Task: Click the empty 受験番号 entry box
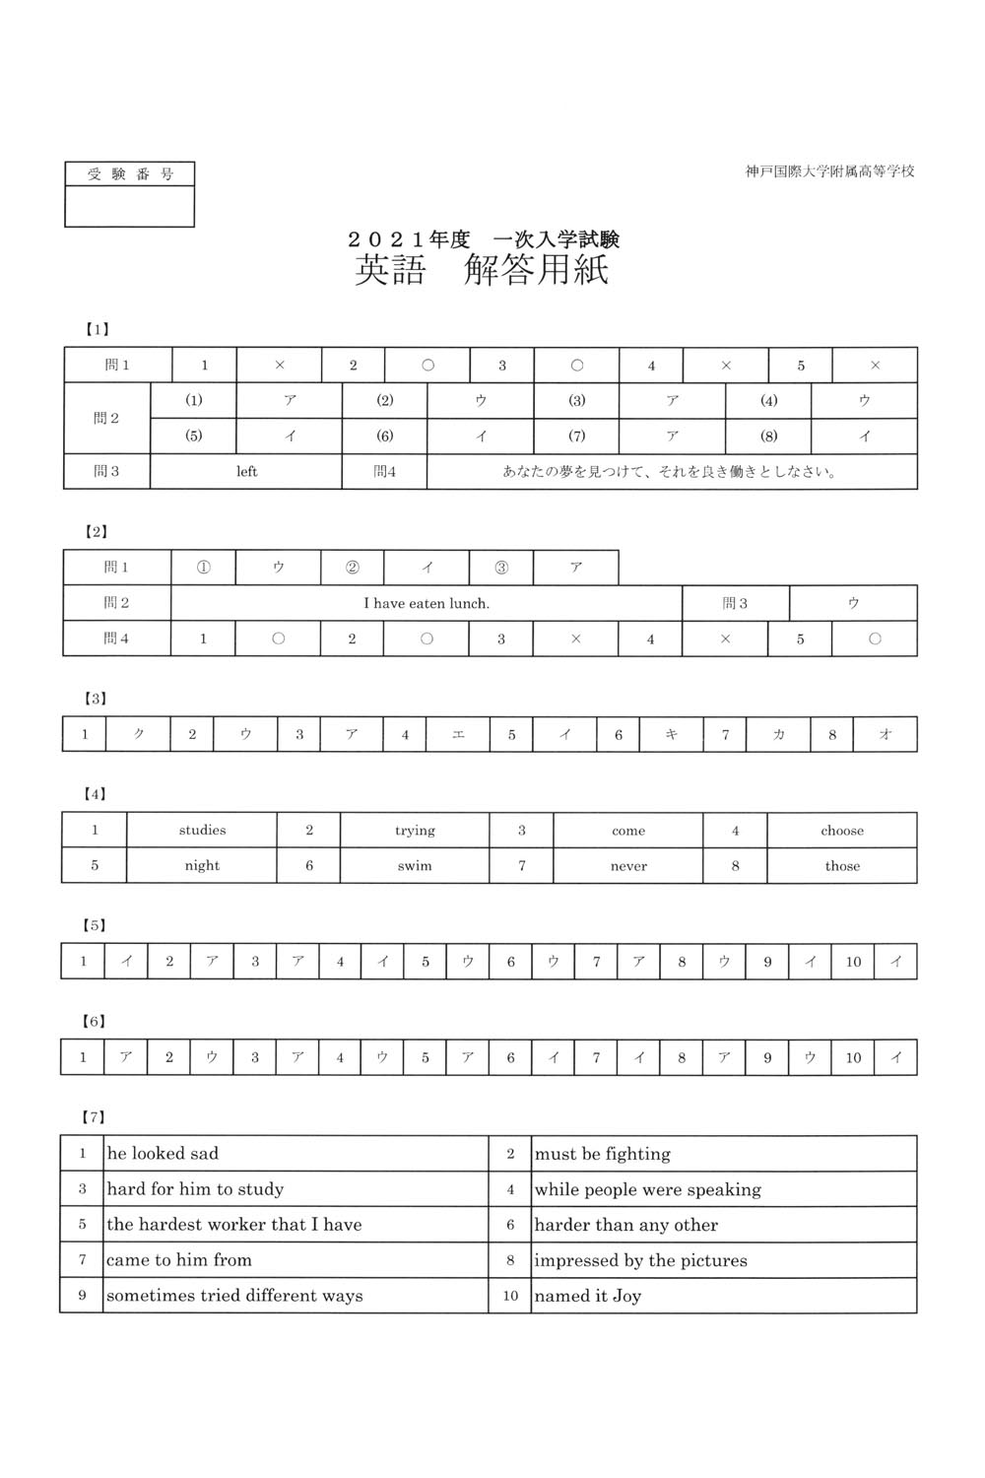(x=129, y=207)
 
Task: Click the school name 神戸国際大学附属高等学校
(x=829, y=171)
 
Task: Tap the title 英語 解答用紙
(x=482, y=270)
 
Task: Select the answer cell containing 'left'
(x=246, y=472)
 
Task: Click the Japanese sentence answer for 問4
(x=670, y=472)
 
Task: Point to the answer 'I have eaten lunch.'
(x=427, y=603)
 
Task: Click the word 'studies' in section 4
(x=202, y=831)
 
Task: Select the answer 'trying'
(x=415, y=831)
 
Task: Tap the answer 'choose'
(x=842, y=831)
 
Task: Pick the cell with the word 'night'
(x=202, y=866)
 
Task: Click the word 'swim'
(x=415, y=866)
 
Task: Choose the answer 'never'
(x=628, y=866)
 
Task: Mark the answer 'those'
(x=842, y=866)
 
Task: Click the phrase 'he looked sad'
(x=163, y=1154)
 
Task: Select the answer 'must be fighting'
(x=602, y=1154)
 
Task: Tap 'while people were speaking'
(x=647, y=1189)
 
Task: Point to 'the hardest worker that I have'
(x=233, y=1225)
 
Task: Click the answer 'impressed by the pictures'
(x=640, y=1260)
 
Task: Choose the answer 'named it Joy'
(x=587, y=1296)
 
